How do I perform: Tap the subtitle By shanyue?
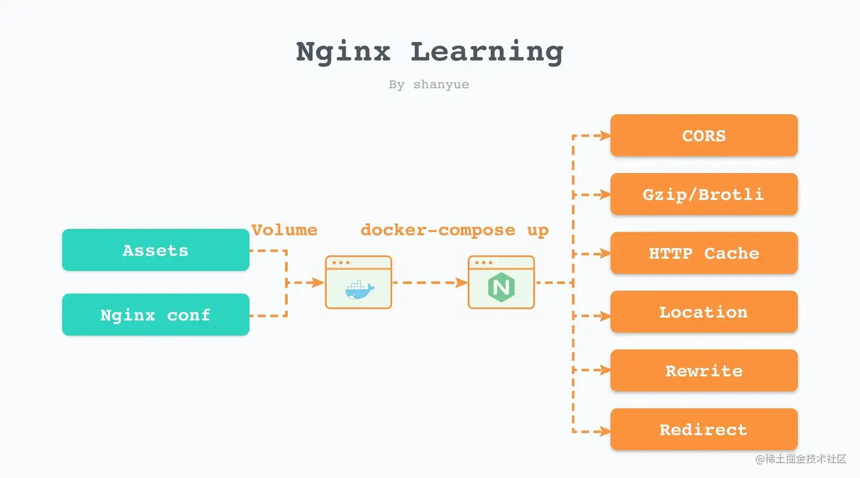(x=429, y=85)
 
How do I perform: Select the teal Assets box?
(x=155, y=250)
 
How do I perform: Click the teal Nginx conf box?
(x=155, y=315)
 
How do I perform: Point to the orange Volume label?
(x=284, y=230)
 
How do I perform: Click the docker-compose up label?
(x=454, y=230)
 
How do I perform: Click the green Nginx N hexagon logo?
(x=501, y=287)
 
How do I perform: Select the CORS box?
(x=704, y=135)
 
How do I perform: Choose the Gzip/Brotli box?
(x=704, y=194)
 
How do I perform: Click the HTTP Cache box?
(x=704, y=253)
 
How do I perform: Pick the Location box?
(x=704, y=312)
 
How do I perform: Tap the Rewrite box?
(x=704, y=370)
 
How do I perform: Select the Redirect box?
(x=704, y=429)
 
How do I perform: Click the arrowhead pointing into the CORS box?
(x=605, y=135)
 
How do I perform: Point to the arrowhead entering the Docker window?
(x=319, y=283)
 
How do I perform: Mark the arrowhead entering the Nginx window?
(x=461, y=283)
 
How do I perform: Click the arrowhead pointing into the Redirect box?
(x=605, y=431)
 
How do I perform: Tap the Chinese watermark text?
(x=801, y=459)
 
